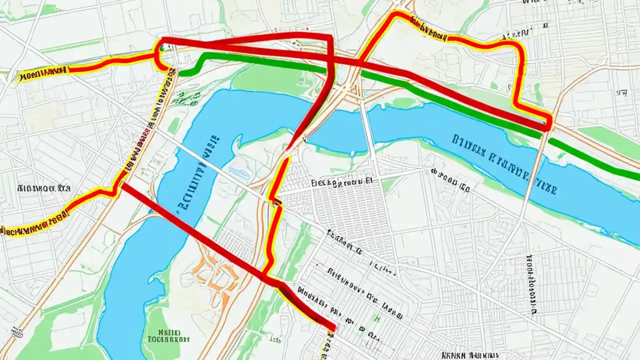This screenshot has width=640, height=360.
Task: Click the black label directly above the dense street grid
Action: pos(342,182)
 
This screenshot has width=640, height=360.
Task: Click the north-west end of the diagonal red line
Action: pos(124,185)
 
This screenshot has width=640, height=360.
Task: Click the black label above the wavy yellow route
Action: pos(43,188)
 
